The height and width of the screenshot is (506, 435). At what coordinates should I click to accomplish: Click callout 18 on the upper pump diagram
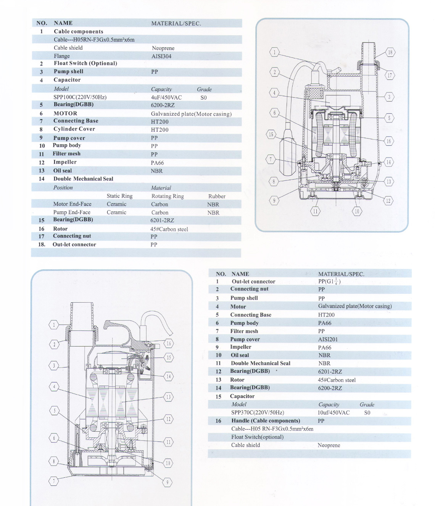click(x=390, y=52)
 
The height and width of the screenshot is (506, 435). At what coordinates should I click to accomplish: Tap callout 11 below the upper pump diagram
click(x=315, y=211)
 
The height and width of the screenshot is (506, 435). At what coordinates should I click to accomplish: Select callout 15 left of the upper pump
click(x=271, y=134)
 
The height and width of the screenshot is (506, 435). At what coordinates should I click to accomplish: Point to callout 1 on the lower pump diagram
click(x=54, y=325)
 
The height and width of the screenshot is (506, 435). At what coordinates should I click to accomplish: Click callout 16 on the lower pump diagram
click(x=169, y=343)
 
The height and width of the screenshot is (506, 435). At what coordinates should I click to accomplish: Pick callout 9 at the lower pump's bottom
click(x=168, y=482)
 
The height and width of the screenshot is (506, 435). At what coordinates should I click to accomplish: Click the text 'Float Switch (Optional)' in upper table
click(x=85, y=63)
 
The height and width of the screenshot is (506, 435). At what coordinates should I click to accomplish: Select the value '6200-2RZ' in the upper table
click(x=163, y=105)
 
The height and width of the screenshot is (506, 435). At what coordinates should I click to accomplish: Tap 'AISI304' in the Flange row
click(x=161, y=56)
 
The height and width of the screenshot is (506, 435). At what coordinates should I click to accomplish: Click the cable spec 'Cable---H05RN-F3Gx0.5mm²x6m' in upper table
click(x=94, y=40)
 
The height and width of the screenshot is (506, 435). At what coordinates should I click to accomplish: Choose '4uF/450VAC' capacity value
click(x=166, y=97)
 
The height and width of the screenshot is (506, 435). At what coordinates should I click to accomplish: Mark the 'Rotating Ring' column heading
click(x=168, y=196)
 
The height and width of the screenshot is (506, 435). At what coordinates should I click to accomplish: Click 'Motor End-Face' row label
click(x=72, y=204)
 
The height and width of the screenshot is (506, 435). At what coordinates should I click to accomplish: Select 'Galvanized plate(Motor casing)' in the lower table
click(x=355, y=306)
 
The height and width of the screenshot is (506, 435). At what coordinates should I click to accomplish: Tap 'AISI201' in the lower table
click(x=328, y=339)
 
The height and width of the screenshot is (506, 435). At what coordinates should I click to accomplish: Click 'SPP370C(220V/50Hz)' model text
click(x=258, y=413)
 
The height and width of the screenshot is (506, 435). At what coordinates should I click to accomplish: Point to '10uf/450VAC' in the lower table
click(x=333, y=413)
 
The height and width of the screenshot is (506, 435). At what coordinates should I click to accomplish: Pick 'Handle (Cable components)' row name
click(x=266, y=421)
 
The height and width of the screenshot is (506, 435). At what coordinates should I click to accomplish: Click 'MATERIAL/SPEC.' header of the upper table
click(x=176, y=23)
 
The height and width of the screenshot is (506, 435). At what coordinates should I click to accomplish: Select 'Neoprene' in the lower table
click(x=329, y=445)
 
